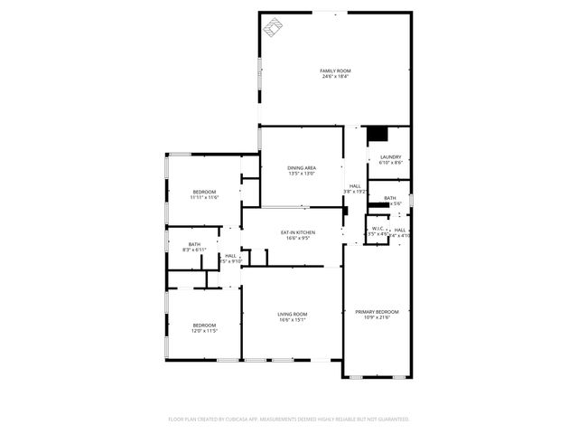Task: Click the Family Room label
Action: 335,71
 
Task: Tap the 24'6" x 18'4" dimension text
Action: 335,77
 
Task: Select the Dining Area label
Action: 302,168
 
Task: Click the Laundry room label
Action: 390,157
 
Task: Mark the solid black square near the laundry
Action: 378,134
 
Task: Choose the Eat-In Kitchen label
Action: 298,233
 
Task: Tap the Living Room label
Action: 292,314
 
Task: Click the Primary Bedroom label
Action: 380,312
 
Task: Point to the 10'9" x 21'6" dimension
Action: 380,318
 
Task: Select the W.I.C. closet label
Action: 378,229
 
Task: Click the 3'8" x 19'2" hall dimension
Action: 355,192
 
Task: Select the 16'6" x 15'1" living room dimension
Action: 292,320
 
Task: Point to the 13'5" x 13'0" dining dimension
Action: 302,175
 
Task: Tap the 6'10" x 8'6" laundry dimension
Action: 390,164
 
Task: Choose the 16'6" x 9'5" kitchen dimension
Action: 298,239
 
